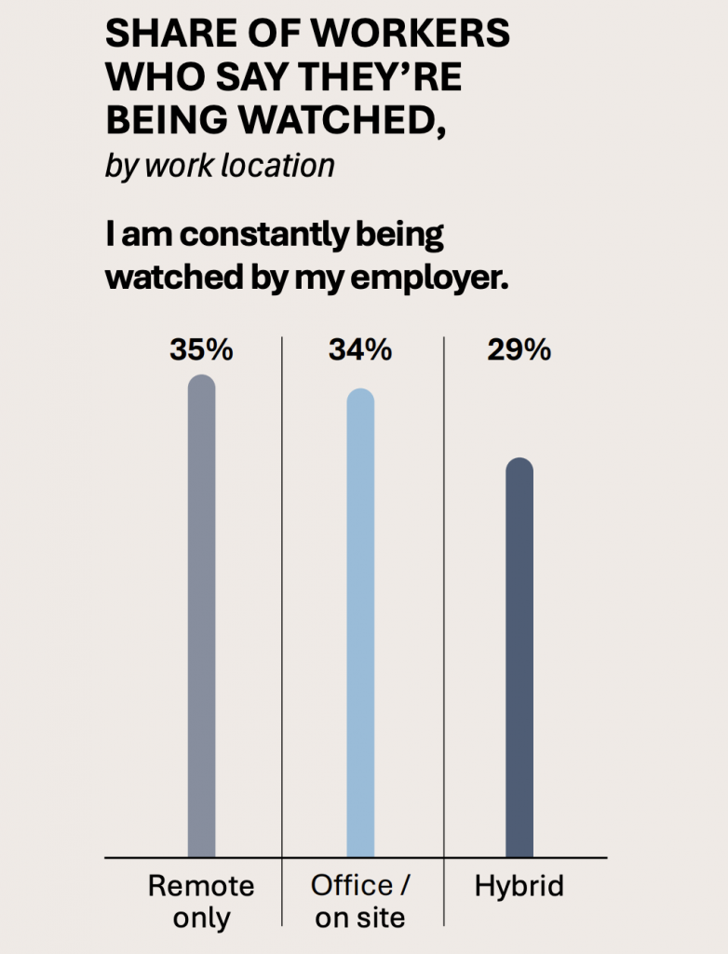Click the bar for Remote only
[x=201, y=615]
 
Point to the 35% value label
[x=201, y=351]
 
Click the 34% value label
[x=360, y=351]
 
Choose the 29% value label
[x=519, y=351]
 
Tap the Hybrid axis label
[x=519, y=885]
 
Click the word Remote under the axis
[x=201, y=885]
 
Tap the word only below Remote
[x=201, y=917]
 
